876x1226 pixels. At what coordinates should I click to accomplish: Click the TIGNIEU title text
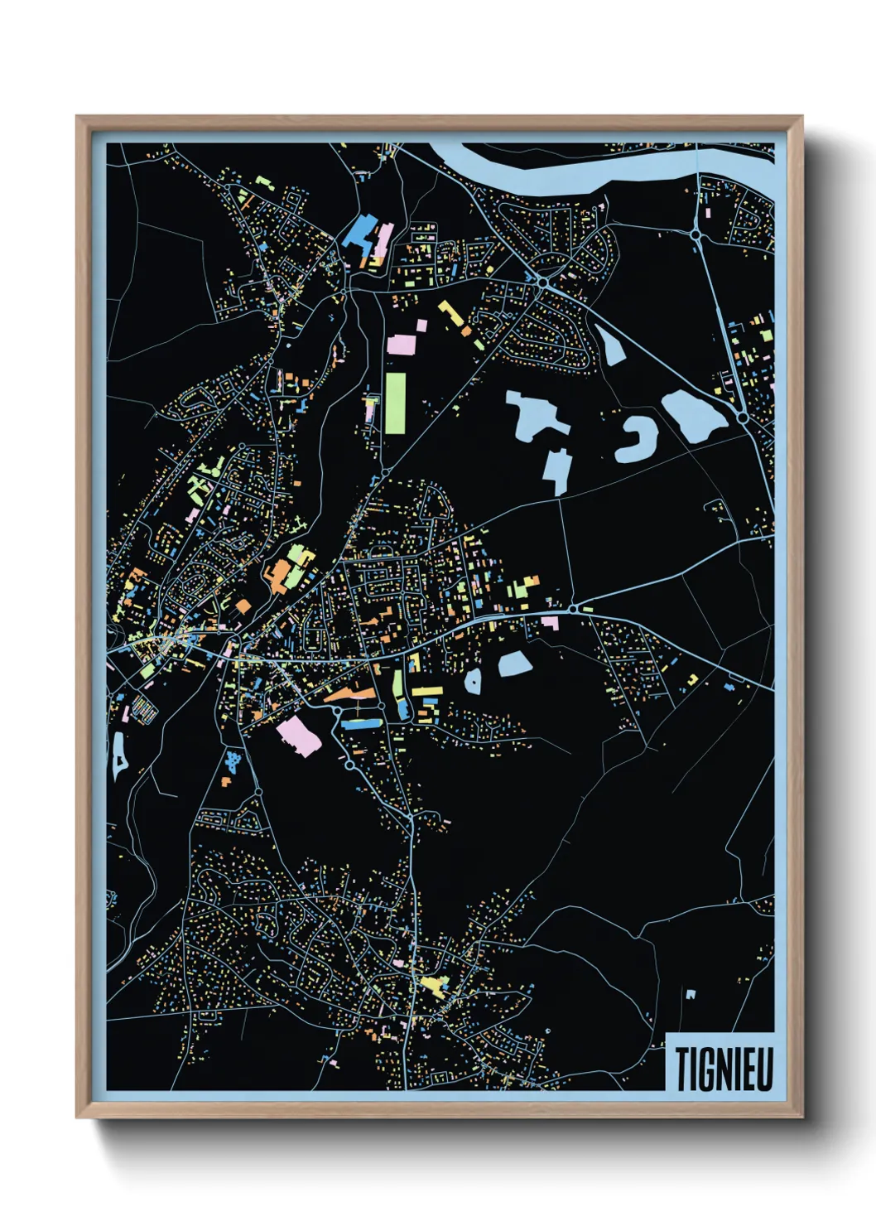click(724, 1069)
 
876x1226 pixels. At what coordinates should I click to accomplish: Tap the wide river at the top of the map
click(580, 170)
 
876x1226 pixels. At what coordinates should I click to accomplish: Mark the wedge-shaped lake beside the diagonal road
click(610, 346)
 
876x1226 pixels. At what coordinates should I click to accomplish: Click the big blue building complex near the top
click(361, 232)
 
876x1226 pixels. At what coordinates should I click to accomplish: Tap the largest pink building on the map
click(299, 736)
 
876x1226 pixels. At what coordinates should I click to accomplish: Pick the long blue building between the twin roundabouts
click(361, 723)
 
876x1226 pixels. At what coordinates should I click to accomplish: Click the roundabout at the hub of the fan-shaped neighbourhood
click(541, 283)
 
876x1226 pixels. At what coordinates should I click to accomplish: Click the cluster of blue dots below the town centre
click(234, 760)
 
